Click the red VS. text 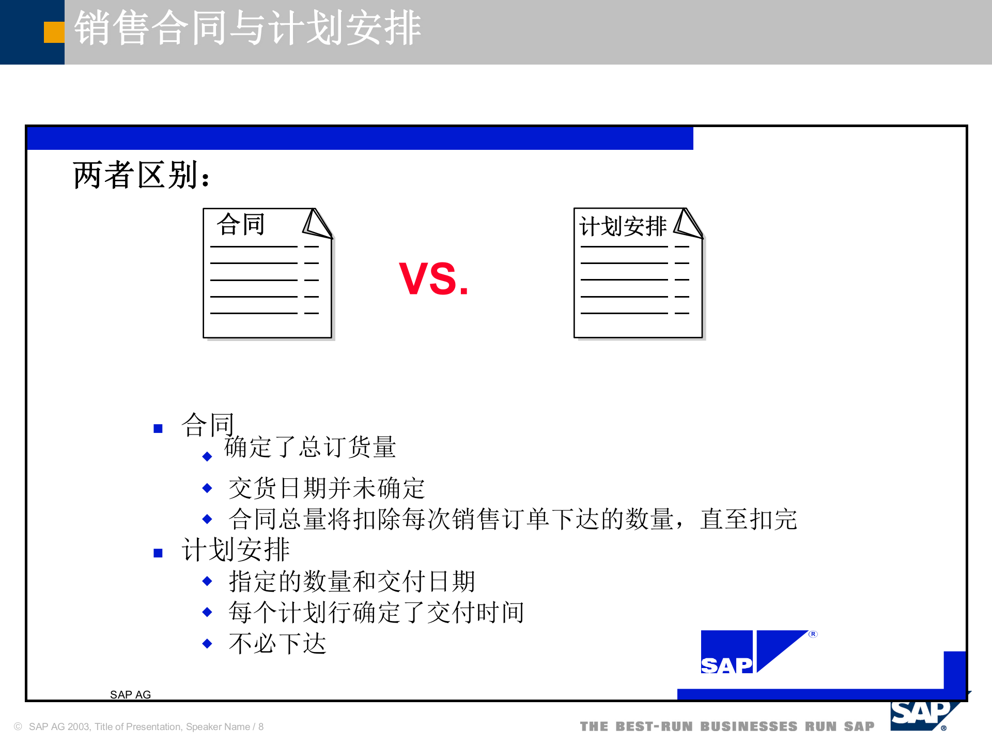click(433, 279)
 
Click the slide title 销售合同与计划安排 click(247, 28)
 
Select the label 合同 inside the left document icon click(241, 225)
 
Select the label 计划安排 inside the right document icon click(623, 226)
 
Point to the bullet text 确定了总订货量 click(310, 447)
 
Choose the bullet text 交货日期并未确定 click(327, 488)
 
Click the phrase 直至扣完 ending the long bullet click(749, 519)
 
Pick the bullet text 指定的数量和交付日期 click(352, 581)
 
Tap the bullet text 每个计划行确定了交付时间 click(376, 612)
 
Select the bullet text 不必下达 click(277, 644)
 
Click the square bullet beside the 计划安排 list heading click(158, 553)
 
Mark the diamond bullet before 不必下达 click(207, 644)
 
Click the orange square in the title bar click(54, 32)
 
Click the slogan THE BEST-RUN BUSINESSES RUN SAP click(727, 726)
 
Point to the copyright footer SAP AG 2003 click(139, 727)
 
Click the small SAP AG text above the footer click(130, 695)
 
